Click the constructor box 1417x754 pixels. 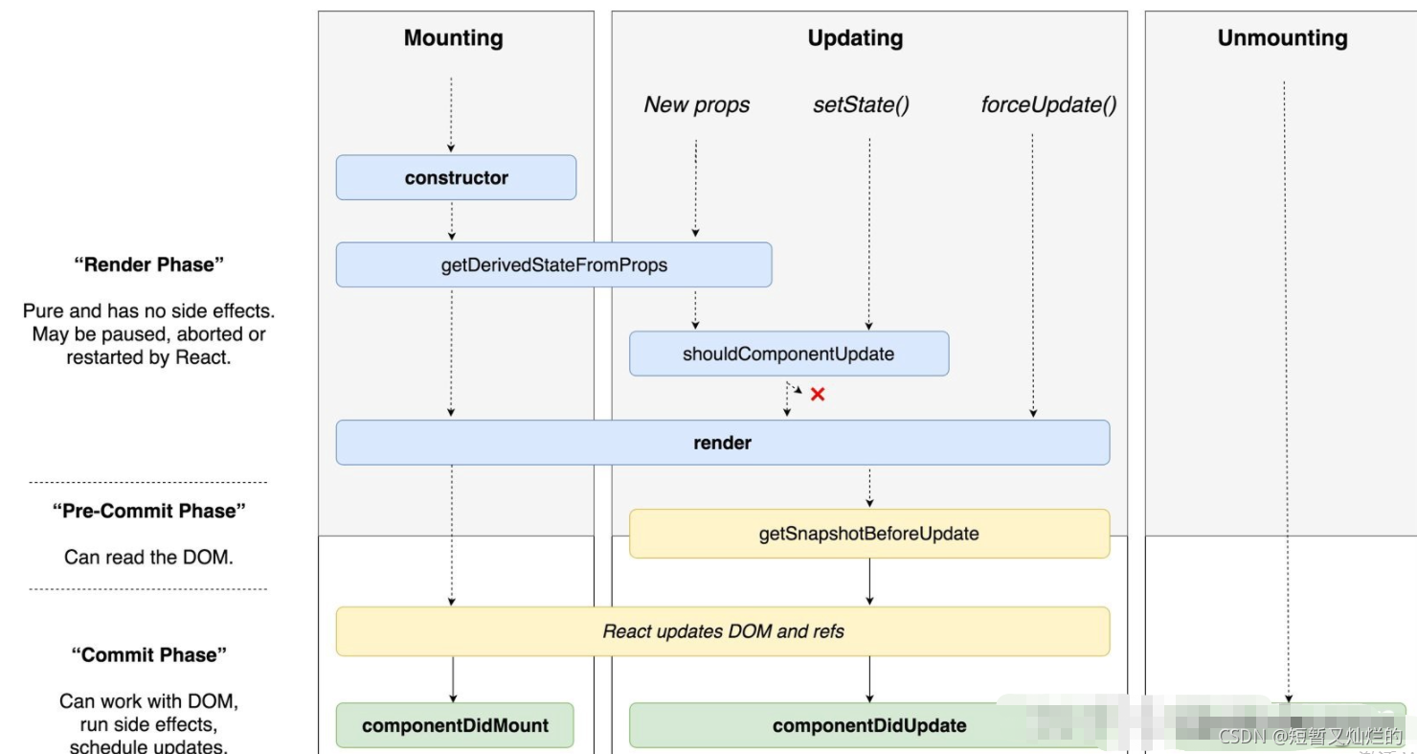click(456, 178)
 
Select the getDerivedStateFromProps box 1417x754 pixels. click(553, 265)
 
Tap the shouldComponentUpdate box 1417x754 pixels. click(788, 354)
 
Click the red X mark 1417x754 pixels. click(818, 394)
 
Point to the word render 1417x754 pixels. click(722, 444)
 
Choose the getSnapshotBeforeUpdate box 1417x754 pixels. click(868, 534)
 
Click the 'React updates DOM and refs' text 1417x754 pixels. click(723, 631)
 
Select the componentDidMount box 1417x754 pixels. click(455, 725)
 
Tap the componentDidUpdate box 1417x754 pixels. click(868, 725)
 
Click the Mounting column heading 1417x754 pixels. click(453, 38)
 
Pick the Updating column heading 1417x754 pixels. click(855, 38)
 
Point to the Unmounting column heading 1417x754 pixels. click(1282, 38)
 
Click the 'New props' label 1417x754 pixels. click(696, 105)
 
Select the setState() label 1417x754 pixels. click(861, 105)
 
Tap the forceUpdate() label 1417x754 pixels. click(1048, 105)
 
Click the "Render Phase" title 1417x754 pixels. click(148, 265)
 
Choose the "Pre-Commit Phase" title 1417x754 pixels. click(148, 512)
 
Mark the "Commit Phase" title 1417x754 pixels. click(148, 655)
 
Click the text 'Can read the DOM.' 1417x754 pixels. click(148, 557)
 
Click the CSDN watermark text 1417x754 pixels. click(1310, 736)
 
